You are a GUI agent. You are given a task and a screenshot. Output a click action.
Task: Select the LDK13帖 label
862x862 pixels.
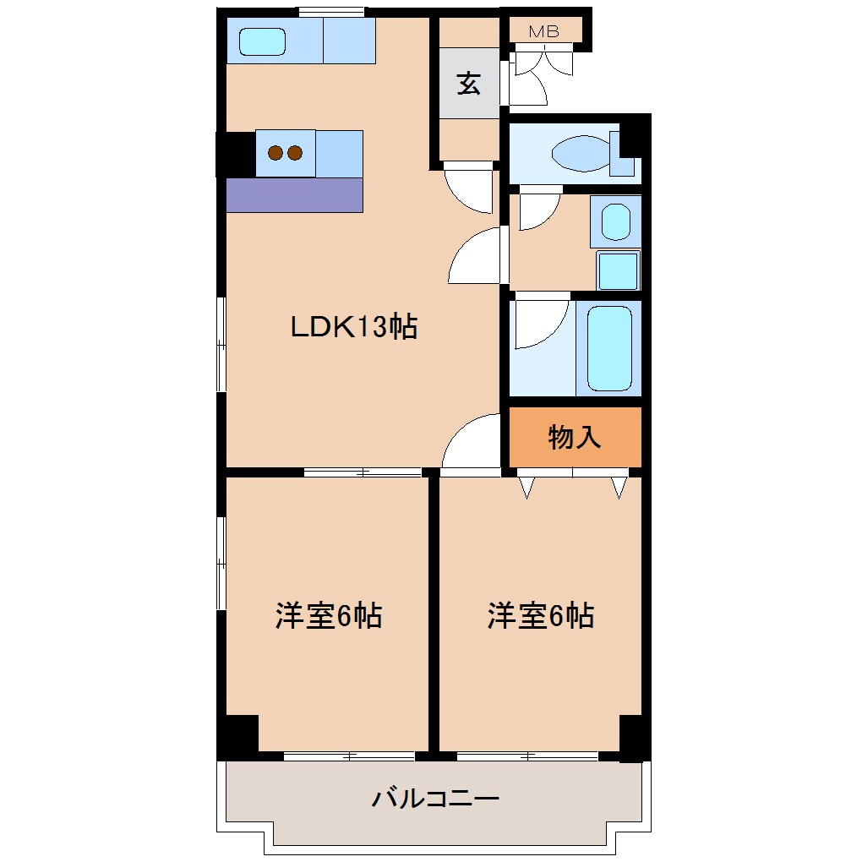[x=354, y=326]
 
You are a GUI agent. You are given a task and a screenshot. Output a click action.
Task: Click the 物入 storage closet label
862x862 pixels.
[x=575, y=437]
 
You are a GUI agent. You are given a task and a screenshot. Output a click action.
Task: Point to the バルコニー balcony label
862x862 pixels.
[x=436, y=798]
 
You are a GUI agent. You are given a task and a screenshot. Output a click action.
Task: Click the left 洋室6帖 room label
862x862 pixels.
[x=328, y=616]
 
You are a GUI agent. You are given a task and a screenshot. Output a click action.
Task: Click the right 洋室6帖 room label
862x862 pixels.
[x=540, y=616]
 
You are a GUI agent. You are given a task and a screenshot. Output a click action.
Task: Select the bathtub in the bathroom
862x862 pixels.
[x=609, y=347]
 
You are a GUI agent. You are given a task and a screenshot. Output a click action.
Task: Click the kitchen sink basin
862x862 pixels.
[x=261, y=41]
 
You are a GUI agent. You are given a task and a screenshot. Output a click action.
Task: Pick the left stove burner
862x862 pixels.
[x=276, y=153]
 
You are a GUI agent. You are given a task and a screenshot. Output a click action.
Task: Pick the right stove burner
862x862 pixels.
[x=294, y=153]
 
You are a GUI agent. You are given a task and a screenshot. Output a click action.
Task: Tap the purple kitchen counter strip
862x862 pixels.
[x=294, y=195]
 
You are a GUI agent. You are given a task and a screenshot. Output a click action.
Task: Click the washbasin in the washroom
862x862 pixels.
[x=615, y=222]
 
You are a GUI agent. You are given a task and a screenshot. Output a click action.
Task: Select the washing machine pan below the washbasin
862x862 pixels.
[x=619, y=270]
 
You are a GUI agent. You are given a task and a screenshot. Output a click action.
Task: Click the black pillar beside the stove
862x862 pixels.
[x=236, y=154]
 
